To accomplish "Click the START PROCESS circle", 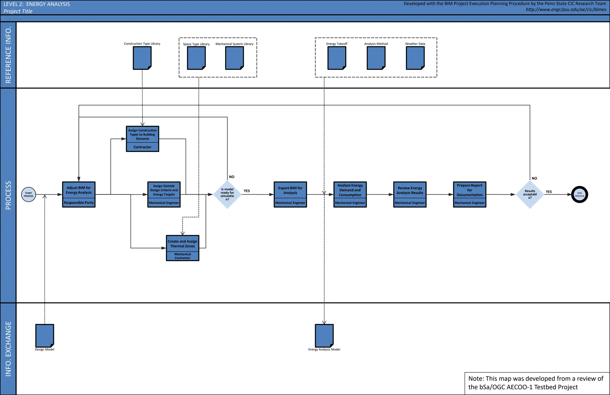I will click(29, 195).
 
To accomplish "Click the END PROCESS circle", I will click(579, 195).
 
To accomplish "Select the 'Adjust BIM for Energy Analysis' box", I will click(79, 194).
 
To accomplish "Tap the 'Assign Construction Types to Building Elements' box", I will click(142, 139).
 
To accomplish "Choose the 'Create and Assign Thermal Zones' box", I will click(183, 248).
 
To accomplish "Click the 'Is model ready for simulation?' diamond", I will click(227, 194).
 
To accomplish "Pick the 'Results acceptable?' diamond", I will click(530, 194).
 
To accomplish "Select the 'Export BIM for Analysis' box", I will click(290, 194).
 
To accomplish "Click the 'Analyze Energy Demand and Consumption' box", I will click(350, 194).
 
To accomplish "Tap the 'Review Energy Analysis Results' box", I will click(410, 194).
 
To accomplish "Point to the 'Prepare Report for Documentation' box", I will click(469, 194).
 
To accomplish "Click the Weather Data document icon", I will click(415, 58).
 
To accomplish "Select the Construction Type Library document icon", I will click(142, 58).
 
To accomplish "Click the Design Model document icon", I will click(45, 336).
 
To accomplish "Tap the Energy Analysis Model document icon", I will click(324, 336).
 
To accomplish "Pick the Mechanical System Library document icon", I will click(234, 58).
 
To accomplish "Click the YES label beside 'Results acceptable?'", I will click(549, 192).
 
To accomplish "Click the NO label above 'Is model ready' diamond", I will click(232, 177).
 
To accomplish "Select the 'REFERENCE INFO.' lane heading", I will click(8, 55).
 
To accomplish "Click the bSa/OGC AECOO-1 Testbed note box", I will click(536, 383).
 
